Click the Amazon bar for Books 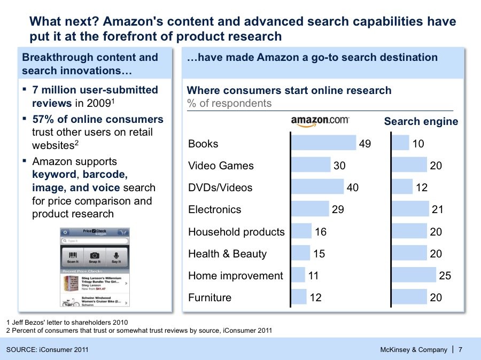coord(323,143)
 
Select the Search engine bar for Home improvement coord(414,275)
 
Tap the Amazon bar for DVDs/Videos coord(317,187)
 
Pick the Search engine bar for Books coord(400,143)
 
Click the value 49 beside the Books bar coord(365,144)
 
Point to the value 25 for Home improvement coord(445,276)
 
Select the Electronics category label coord(214,209)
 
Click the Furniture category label coord(210,298)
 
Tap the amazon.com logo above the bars coord(320,122)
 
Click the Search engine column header coord(421,121)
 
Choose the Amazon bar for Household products coord(301,231)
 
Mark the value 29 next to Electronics coord(338,209)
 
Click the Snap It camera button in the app coord(95,257)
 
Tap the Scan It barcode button coord(72,257)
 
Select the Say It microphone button coord(116,257)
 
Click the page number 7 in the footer coord(461,350)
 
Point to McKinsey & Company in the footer coord(413,350)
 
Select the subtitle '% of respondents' coord(229,103)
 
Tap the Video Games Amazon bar coord(311,165)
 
